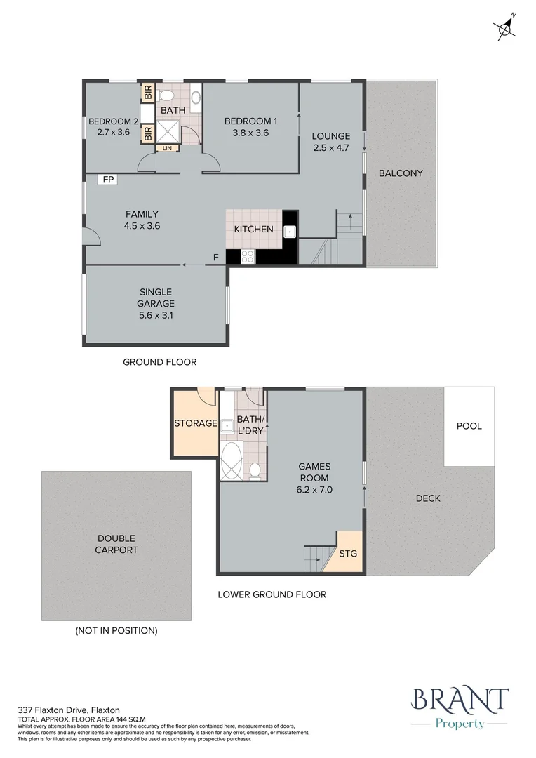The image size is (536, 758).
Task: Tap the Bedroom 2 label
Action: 109,121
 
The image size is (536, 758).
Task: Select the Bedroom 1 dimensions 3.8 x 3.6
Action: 246,132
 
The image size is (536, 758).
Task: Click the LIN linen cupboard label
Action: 167,148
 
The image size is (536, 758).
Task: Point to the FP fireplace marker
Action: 108,180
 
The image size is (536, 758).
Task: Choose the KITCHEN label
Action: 253,230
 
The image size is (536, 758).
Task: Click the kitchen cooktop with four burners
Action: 248,257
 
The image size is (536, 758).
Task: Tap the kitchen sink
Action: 289,231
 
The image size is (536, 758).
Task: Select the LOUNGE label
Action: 331,136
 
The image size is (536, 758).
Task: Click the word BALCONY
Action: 401,173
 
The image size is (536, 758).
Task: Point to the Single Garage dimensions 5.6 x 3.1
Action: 156,315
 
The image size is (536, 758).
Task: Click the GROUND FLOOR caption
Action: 159,362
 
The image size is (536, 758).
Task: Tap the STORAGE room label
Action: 195,423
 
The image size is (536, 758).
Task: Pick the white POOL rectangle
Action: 469,426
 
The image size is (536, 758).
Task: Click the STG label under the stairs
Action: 348,554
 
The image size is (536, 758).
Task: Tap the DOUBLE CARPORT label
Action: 116,545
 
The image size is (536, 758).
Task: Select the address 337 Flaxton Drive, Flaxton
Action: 69,710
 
